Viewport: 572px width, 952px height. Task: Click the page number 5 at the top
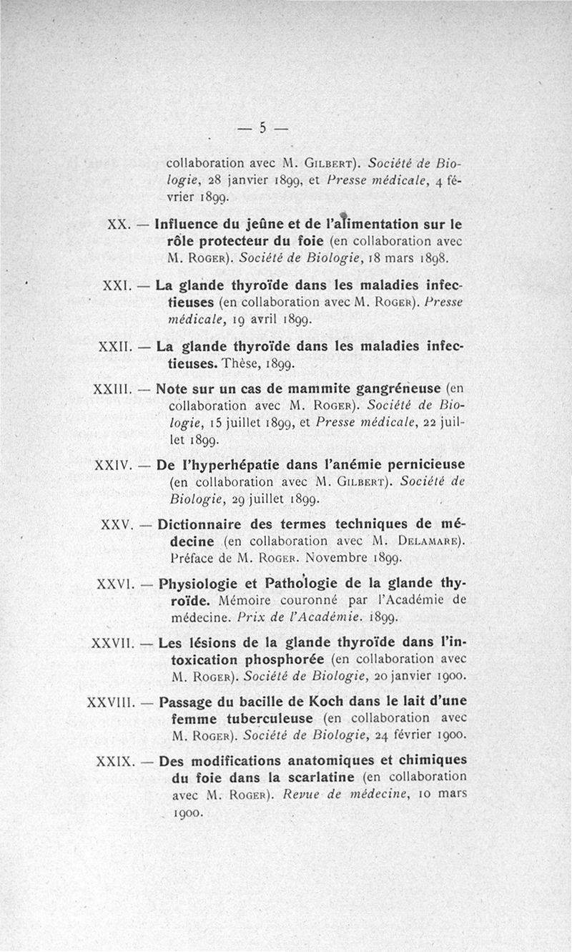tap(262, 129)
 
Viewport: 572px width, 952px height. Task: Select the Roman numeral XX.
tap(117, 223)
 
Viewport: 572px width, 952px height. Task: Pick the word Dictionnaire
tap(203, 524)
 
